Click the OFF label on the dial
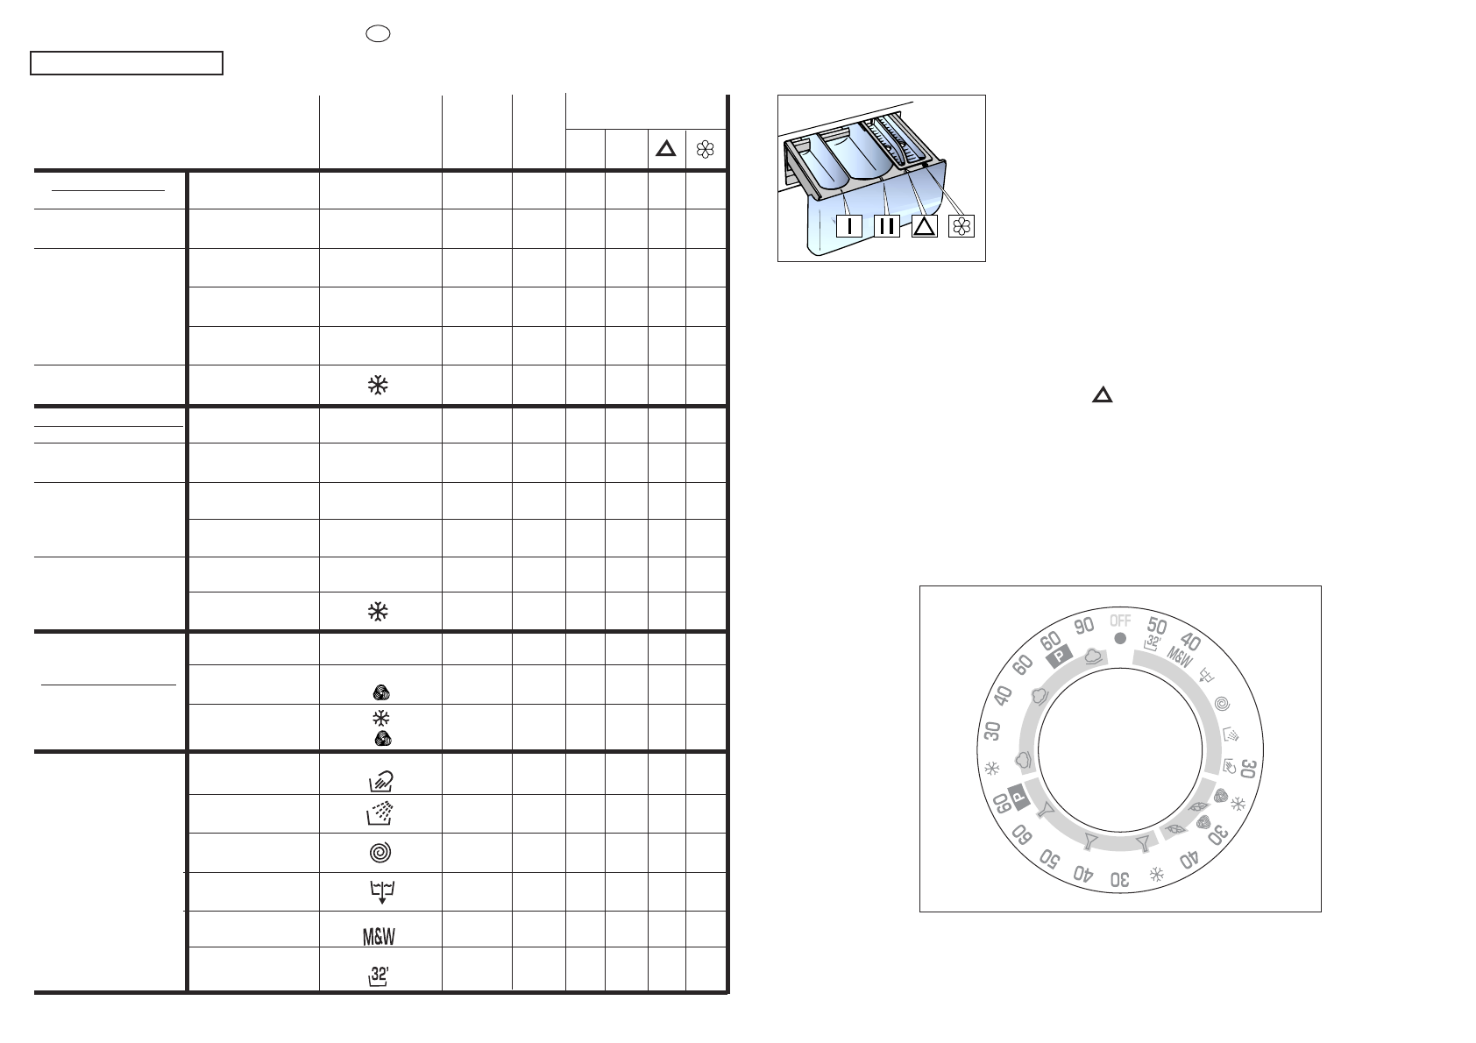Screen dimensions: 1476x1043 tap(1120, 621)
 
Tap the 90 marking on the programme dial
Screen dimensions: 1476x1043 tap(1083, 625)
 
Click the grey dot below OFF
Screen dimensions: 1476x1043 tap(1120, 638)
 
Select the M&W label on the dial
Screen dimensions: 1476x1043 tap(1180, 657)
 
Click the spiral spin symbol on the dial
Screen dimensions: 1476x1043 tap(1222, 705)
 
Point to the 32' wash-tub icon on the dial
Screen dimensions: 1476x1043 tap(1152, 643)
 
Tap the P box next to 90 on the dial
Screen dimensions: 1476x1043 tap(1059, 656)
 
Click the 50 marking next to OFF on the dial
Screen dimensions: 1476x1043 tap(1156, 625)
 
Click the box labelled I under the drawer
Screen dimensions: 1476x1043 tap(849, 226)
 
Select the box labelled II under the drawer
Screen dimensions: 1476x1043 tap(887, 226)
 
